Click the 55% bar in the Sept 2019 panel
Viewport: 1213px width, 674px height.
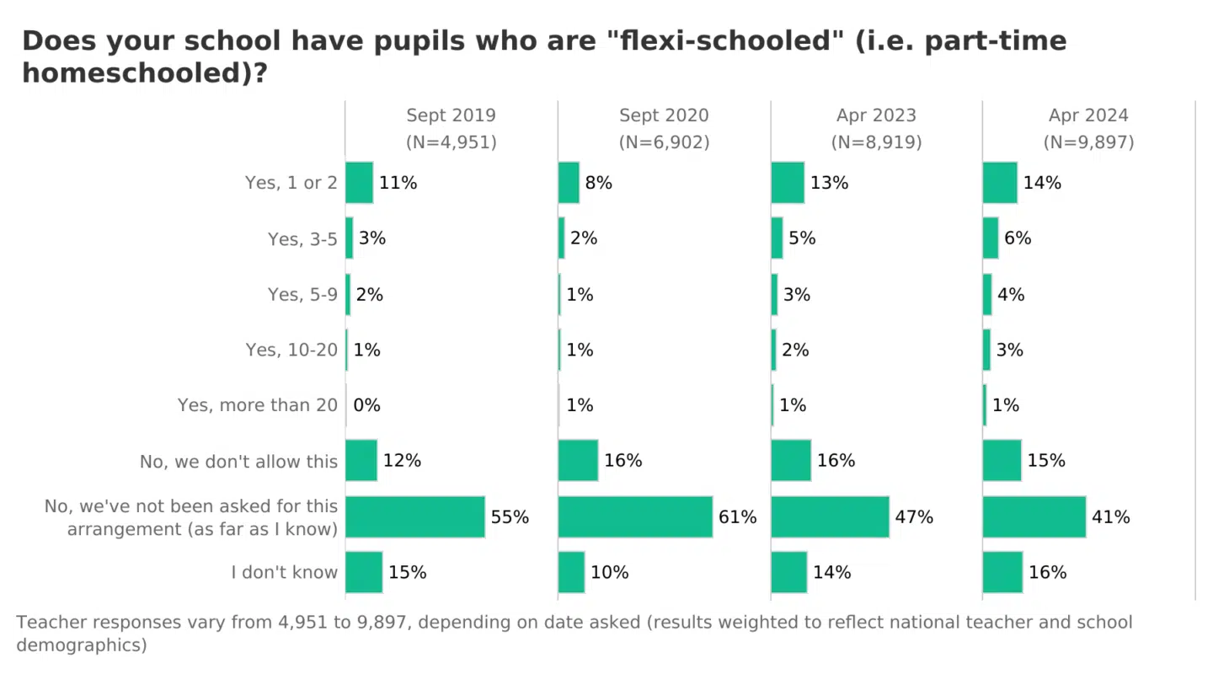tap(415, 516)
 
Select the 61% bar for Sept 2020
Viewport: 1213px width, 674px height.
tap(635, 516)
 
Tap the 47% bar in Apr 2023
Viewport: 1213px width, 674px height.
tap(830, 516)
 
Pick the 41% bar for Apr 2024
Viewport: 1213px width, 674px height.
tap(1034, 516)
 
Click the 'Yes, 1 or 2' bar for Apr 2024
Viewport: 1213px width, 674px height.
tap(1000, 183)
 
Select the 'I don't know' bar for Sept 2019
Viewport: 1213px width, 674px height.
tap(364, 572)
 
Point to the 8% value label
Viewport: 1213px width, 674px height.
tap(598, 183)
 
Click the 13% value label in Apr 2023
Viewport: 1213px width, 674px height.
tap(829, 183)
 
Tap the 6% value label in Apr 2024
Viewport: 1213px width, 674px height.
tap(1018, 238)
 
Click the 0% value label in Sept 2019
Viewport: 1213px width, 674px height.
tap(366, 405)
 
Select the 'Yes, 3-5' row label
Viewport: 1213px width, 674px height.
tap(302, 239)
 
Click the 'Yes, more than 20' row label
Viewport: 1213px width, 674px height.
tap(257, 405)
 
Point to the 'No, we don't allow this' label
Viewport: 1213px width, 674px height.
tap(238, 462)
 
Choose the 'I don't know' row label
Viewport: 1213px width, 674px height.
tap(284, 573)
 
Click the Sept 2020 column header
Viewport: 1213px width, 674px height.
tap(664, 115)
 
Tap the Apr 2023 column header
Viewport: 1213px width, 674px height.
tap(876, 115)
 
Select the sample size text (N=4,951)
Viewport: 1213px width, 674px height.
tap(452, 142)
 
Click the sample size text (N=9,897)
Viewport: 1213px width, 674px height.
tap(1088, 142)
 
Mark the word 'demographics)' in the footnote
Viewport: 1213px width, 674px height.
tap(82, 645)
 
